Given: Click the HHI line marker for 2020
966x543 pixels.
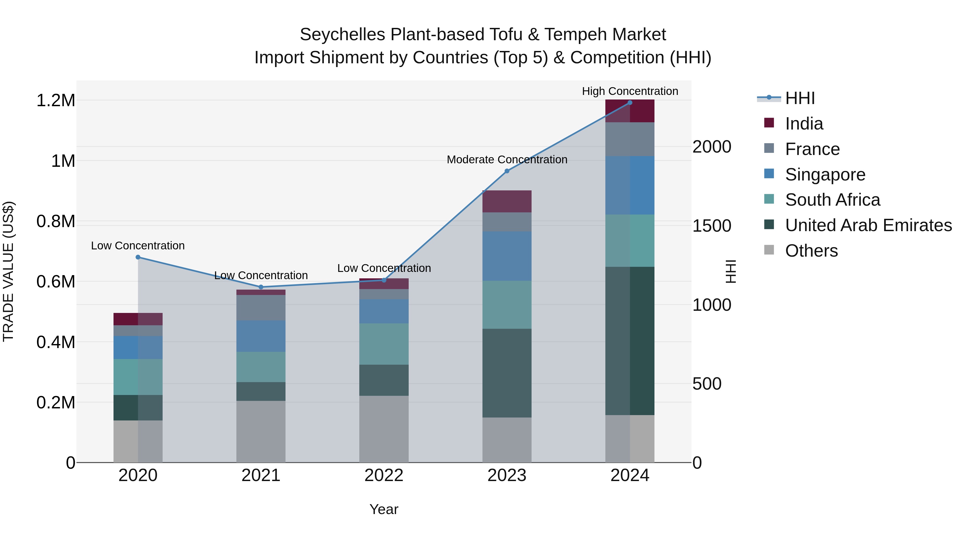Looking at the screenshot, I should click(x=138, y=257).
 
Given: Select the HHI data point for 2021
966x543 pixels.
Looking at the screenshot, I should click(x=261, y=287).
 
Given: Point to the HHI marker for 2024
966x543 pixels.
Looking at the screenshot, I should click(x=630, y=103).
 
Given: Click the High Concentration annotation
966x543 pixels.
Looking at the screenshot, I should click(x=630, y=91).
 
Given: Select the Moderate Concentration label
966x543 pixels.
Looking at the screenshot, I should click(x=507, y=160).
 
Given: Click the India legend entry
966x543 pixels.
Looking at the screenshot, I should click(x=804, y=124).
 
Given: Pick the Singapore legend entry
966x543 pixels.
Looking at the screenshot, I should click(x=825, y=175).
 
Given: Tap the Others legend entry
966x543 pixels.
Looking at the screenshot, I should click(x=811, y=251).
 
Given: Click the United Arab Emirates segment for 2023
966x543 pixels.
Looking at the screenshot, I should click(x=507, y=373).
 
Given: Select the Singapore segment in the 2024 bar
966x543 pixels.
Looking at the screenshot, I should click(x=630, y=185).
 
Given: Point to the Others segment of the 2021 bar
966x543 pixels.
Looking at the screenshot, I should click(x=261, y=432).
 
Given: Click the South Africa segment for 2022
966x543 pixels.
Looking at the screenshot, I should click(x=384, y=344).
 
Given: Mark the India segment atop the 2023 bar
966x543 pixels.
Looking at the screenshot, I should click(x=507, y=202).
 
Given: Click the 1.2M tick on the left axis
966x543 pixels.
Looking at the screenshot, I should click(x=56, y=101).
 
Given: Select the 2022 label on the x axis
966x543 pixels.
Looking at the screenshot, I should click(x=384, y=475).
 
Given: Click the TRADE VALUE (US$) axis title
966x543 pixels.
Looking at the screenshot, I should click(x=9, y=271).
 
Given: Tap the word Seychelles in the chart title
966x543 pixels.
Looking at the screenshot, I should click(x=342, y=35).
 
